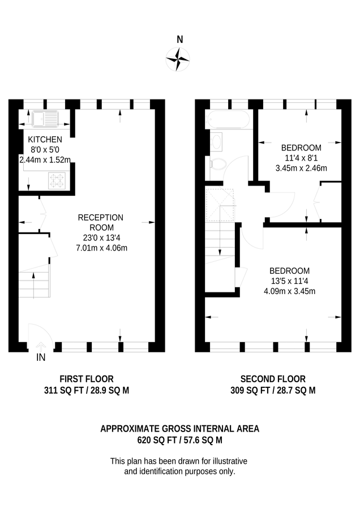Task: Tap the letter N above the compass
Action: (x=180, y=40)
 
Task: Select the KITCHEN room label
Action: (x=45, y=139)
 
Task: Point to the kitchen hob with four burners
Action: (x=58, y=181)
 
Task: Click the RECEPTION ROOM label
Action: (x=100, y=222)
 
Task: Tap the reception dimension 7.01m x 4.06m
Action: (x=102, y=247)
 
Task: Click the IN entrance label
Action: (x=41, y=357)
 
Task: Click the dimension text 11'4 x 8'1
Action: (x=301, y=158)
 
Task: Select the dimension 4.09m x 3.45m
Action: (x=289, y=291)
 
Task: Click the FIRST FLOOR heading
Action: (x=87, y=379)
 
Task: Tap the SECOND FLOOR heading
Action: (x=273, y=379)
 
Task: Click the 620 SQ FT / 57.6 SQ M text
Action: (x=179, y=439)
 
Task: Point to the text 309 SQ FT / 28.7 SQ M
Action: (x=273, y=390)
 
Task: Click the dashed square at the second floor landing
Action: (x=220, y=204)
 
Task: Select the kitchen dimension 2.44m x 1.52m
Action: (x=45, y=159)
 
